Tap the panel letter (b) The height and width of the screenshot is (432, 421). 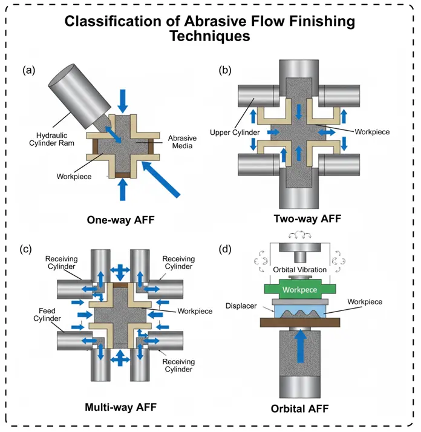[x=226, y=70]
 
